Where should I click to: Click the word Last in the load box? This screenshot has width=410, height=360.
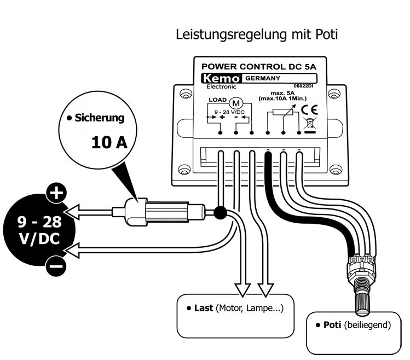click(x=204, y=308)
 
